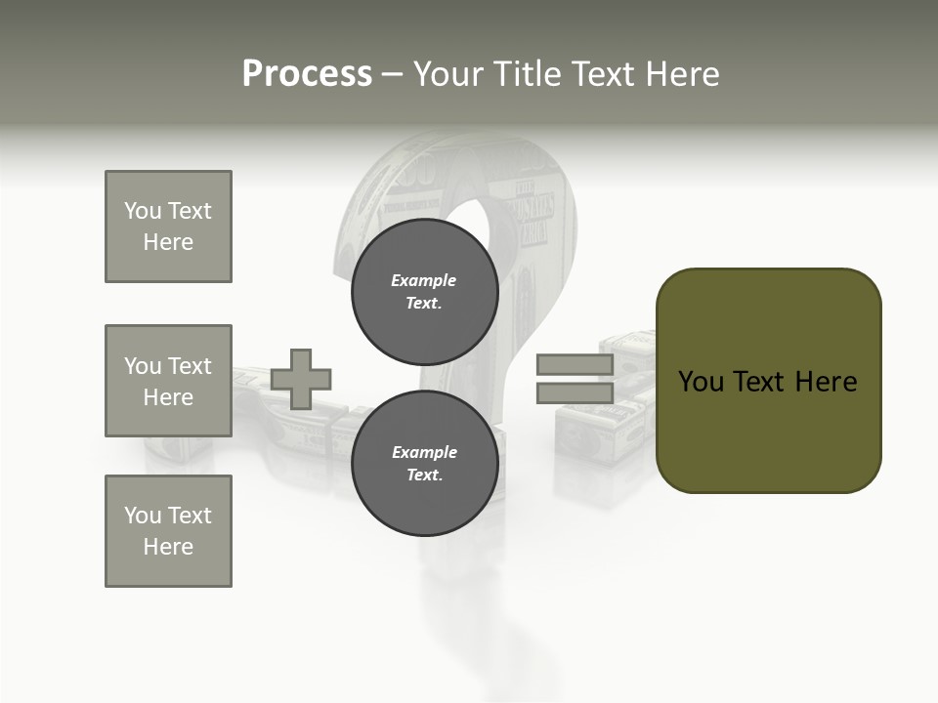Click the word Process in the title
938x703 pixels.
tap(307, 74)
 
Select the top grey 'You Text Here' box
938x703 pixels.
tap(168, 227)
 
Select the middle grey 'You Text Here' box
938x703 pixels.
tap(168, 381)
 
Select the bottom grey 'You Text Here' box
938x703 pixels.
tap(168, 530)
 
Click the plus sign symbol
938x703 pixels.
tap(301, 379)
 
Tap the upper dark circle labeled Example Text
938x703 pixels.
tap(425, 291)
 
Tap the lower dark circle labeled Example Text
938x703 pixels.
tap(425, 463)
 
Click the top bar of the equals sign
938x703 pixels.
tap(575, 364)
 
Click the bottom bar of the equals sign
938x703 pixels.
tap(575, 393)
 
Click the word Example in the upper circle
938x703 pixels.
tap(424, 280)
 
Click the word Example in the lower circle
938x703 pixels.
tap(424, 452)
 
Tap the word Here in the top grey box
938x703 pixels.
tap(168, 242)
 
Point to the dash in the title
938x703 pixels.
tap(393, 74)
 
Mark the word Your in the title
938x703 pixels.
tap(450, 74)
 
